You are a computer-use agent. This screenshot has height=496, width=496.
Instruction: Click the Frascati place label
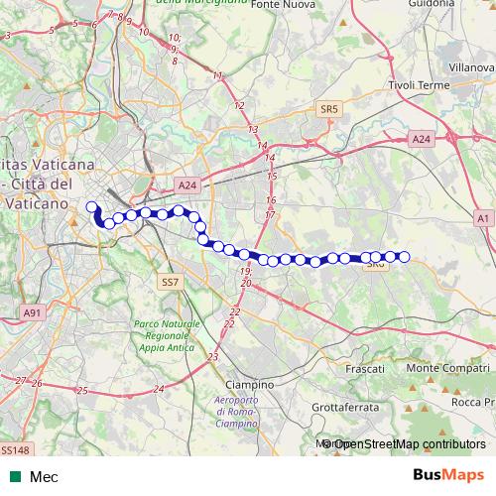pyautogui.click(x=366, y=368)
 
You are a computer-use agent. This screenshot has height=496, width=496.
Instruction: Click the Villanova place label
pyautogui.click(x=470, y=64)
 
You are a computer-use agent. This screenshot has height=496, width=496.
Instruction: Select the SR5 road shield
pyautogui.click(x=329, y=107)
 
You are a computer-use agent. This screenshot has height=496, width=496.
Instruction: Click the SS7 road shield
pyautogui.click(x=169, y=283)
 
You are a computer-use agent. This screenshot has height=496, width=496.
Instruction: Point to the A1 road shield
pyautogui.click(x=482, y=217)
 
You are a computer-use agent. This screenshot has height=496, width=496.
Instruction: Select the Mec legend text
pyautogui.click(x=44, y=477)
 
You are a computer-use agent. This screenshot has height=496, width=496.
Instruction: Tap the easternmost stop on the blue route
pyautogui.click(x=404, y=257)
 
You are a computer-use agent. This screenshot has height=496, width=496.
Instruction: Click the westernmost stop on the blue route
pyautogui.click(x=92, y=207)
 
